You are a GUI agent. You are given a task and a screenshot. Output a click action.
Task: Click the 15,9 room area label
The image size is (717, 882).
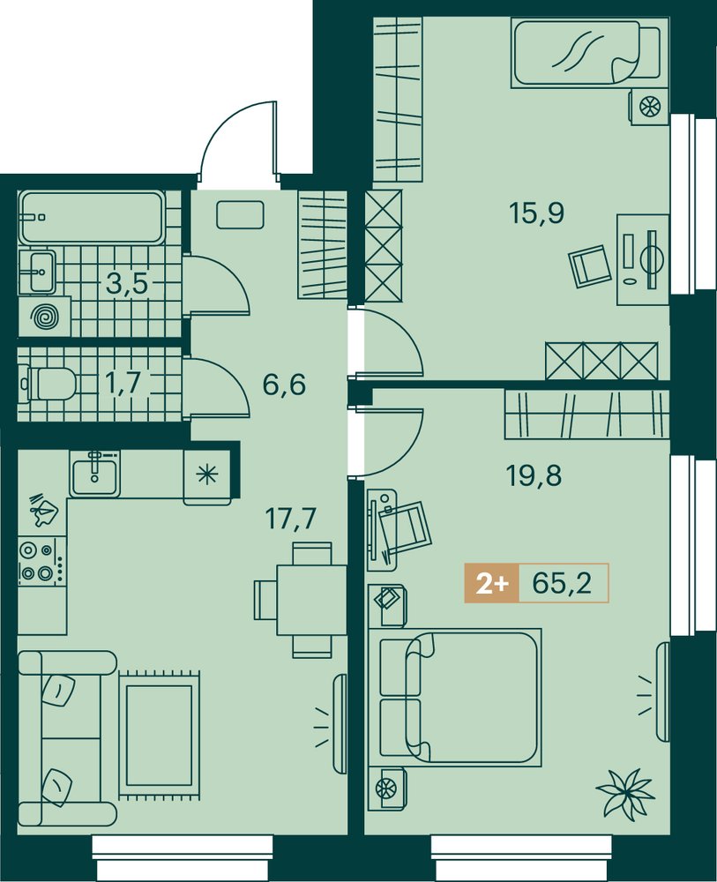(536, 213)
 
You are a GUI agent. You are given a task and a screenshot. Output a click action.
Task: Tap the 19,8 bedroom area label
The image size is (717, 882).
(534, 477)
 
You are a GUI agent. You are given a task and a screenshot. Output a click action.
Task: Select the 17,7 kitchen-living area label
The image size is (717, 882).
(291, 518)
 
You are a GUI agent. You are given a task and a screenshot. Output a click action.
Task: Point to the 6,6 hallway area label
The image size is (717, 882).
(284, 386)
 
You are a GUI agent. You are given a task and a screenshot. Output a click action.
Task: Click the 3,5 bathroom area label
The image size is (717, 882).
(127, 285)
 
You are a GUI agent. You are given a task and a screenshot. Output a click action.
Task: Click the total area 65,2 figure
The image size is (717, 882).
(562, 584)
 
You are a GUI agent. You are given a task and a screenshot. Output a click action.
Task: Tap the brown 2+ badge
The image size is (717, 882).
(492, 584)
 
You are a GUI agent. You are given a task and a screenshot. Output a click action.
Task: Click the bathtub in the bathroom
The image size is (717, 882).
(93, 217)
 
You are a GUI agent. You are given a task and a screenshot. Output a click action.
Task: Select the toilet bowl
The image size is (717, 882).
(49, 384)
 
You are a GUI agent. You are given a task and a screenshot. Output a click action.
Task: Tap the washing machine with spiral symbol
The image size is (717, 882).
(44, 318)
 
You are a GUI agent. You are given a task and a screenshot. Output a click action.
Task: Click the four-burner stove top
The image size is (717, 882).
(42, 561)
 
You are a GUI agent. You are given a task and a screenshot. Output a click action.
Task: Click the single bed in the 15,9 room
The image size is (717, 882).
(586, 52)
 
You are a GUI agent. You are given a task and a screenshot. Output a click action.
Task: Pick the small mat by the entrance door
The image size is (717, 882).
(240, 215)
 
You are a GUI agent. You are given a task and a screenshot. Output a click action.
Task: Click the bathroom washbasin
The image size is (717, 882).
(38, 272)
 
